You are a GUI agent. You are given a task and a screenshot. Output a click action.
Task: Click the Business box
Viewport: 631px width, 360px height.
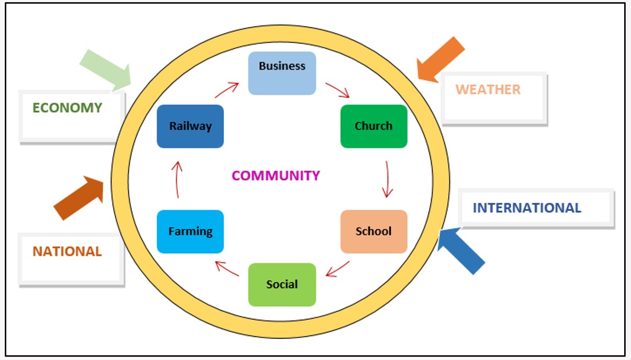coord(282,73)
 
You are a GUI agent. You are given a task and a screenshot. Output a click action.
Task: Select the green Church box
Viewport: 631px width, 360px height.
coord(374,126)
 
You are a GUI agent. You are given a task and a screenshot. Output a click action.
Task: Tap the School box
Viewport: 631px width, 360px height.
coord(374,231)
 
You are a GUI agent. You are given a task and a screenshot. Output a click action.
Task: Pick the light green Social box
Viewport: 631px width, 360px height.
coord(282,285)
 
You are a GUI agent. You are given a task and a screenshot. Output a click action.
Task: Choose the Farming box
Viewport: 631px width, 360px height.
coord(190,231)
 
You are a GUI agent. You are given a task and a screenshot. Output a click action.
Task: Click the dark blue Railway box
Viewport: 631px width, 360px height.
coord(190,126)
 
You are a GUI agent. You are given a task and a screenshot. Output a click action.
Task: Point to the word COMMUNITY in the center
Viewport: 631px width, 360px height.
coord(276,176)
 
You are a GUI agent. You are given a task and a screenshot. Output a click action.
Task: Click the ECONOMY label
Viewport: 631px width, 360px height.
coord(67,108)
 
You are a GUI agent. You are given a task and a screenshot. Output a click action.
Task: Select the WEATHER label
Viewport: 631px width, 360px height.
coord(488,89)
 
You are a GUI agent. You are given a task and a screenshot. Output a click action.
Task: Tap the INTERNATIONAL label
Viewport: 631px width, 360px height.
coord(527,208)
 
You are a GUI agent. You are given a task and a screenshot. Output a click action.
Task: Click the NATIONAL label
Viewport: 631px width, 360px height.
coord(67,252)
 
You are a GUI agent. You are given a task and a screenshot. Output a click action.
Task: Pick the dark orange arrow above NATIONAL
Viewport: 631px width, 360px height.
coord(80,197)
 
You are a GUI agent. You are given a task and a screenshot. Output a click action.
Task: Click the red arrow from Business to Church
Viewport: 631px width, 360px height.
coord(337,89)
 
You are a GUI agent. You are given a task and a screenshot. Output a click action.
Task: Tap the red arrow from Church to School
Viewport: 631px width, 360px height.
coord(387,179)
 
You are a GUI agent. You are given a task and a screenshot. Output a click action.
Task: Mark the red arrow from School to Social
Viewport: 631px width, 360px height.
coord(337,268)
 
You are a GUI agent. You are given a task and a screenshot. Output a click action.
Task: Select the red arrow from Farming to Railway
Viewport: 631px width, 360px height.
coord(177,179)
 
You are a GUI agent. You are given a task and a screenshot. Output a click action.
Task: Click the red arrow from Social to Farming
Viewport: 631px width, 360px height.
coord(227,268)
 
